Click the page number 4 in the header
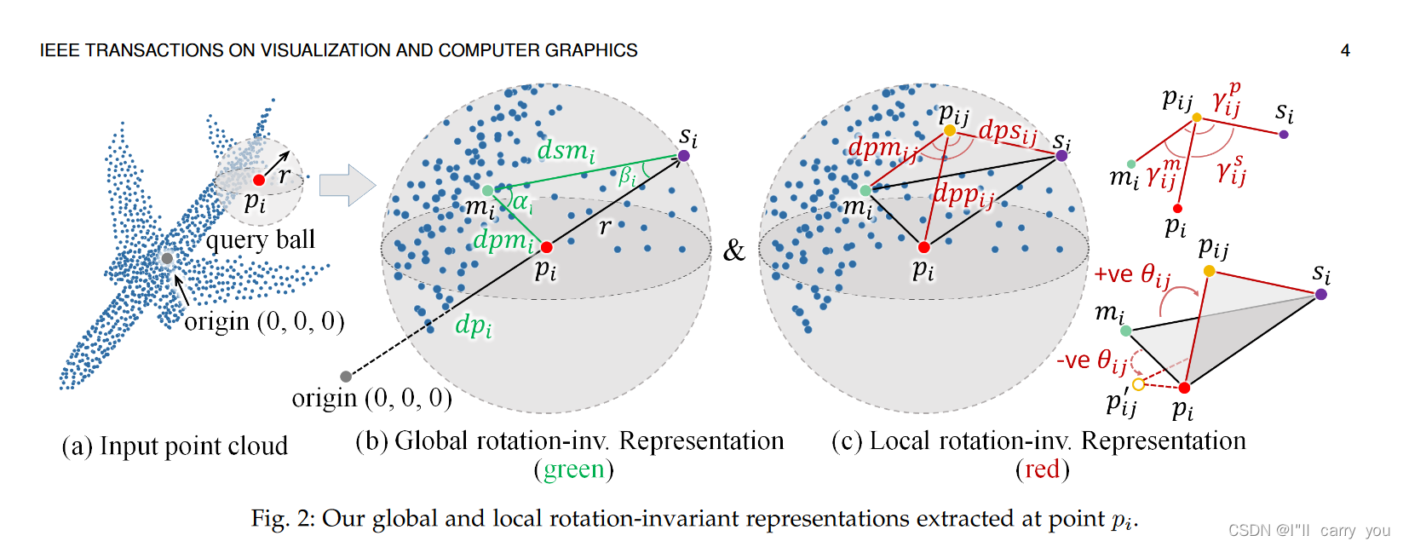[1345, 50]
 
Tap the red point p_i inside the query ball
[259, 180]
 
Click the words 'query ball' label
[261, 240]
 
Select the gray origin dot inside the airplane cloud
[167, 258]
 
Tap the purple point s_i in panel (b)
[683, 156]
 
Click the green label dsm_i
[566, 152]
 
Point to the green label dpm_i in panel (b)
[502, 241]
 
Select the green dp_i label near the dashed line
[473, 325]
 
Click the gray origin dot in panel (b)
[345, 377]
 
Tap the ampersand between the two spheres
[733, 250]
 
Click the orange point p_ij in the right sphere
[949, 130]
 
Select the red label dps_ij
[1008, 132]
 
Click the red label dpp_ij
[963, 195]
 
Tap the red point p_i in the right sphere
[923, 247]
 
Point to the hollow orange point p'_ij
[1138, 384]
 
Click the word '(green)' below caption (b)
[573, 469]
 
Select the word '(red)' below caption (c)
[1041, 469]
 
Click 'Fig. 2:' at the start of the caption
[284, 519]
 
